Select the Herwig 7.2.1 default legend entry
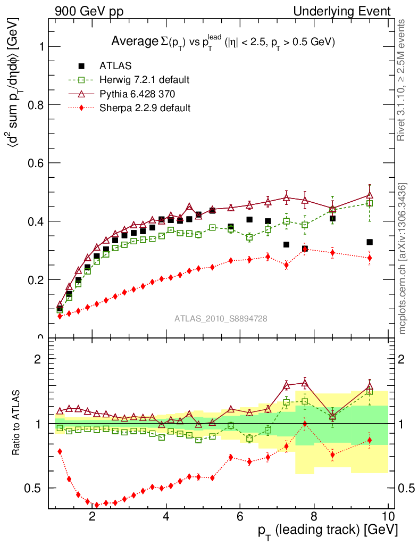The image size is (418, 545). pos(144,80)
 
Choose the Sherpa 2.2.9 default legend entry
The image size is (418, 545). pos(145,108)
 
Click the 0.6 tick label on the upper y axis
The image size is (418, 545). pos(37,163)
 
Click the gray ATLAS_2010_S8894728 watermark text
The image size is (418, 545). pos(221,319)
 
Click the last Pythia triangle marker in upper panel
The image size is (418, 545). pos(370,195)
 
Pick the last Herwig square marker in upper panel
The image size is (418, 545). pos(370,203)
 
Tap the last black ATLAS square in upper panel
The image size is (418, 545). pos(370,242)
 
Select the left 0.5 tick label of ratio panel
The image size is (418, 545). pos(37,488)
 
